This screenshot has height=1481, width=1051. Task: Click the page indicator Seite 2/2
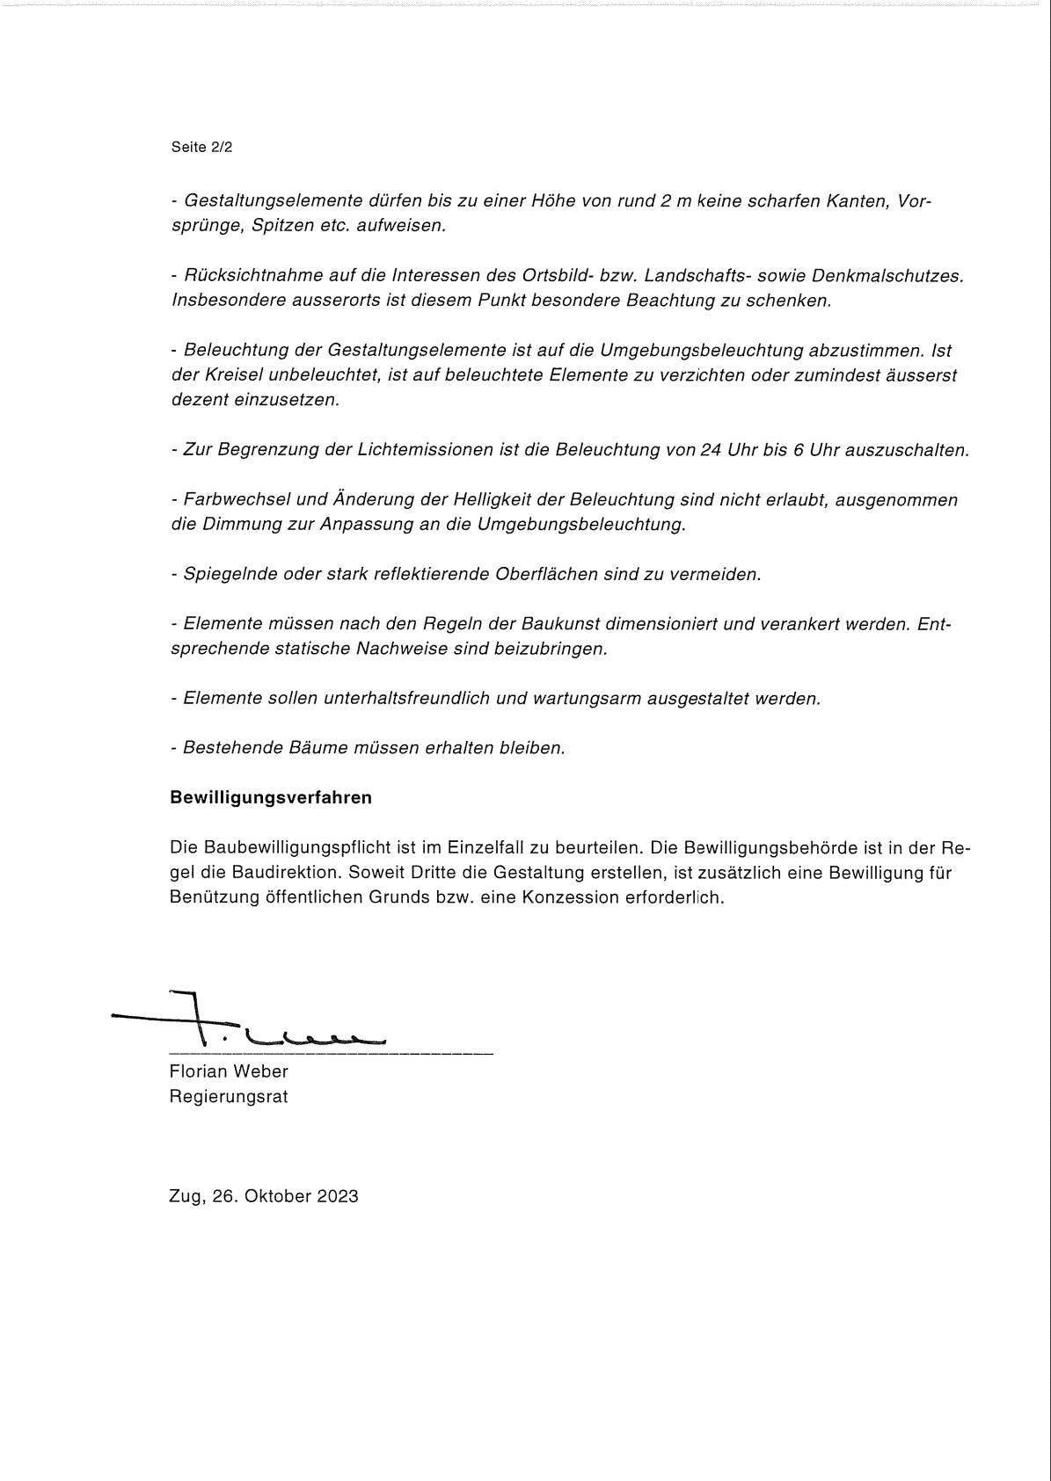tap(201, 148)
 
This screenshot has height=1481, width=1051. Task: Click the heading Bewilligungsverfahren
tap(271, 798)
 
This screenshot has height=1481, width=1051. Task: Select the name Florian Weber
tap(229, 1071)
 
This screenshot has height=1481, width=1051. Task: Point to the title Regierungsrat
tap(229, 1097)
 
